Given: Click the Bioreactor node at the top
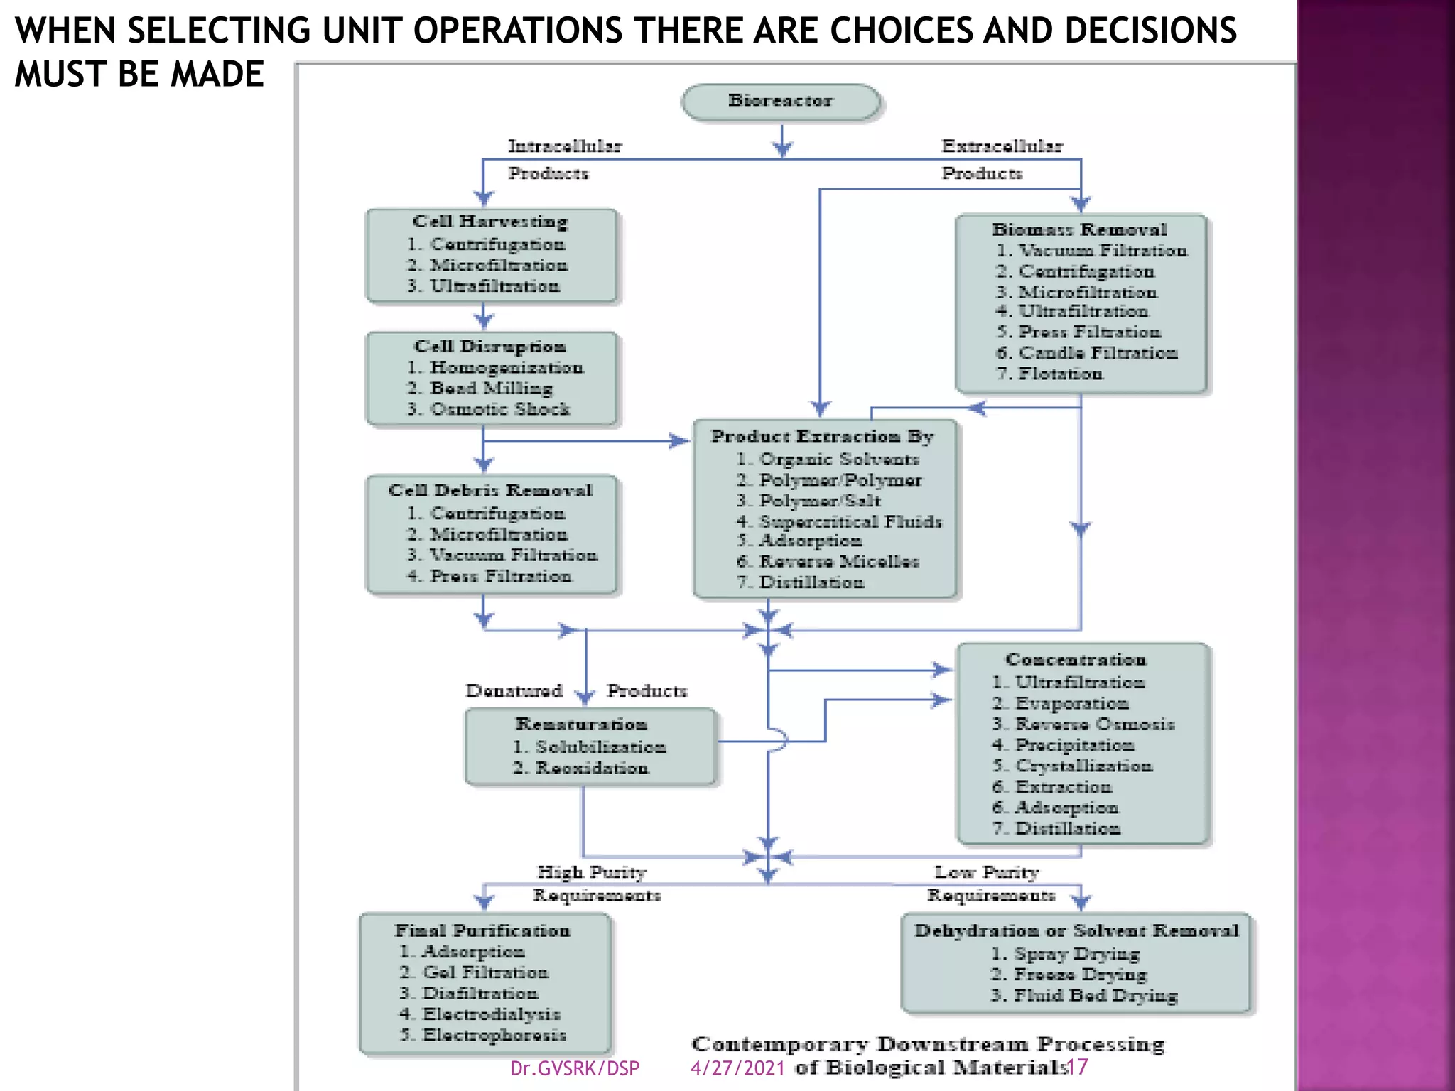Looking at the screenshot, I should coord(780,102).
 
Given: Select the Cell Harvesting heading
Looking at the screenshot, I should coord(490,222).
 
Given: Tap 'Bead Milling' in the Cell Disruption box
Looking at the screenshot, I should coord(490,389).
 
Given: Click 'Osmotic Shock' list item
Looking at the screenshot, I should coord(499,409).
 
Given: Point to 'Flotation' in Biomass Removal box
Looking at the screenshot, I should coord(1060,374).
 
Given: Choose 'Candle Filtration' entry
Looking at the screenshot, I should coord(1098,353).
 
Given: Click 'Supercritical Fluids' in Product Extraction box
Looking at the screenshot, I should coord(850,522).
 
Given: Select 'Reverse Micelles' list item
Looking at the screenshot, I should coord(839,562).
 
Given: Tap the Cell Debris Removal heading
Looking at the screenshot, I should coord(490,491).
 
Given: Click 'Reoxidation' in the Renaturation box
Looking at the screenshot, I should coord(592,769).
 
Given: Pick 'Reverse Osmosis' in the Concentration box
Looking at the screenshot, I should coord(1095,724).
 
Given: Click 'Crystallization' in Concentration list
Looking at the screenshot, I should coord(1084,766).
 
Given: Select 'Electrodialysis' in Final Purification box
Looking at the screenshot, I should coord(491,1014).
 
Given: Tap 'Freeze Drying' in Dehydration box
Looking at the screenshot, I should coord(1080,975).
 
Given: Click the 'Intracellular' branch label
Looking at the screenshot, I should coord(565,146).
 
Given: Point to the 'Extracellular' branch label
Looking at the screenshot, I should coord(1002,146).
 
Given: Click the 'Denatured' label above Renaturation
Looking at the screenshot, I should coord(514,691).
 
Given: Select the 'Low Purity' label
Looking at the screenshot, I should coord(986,872).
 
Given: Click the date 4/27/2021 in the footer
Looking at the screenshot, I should coord(737,1068).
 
